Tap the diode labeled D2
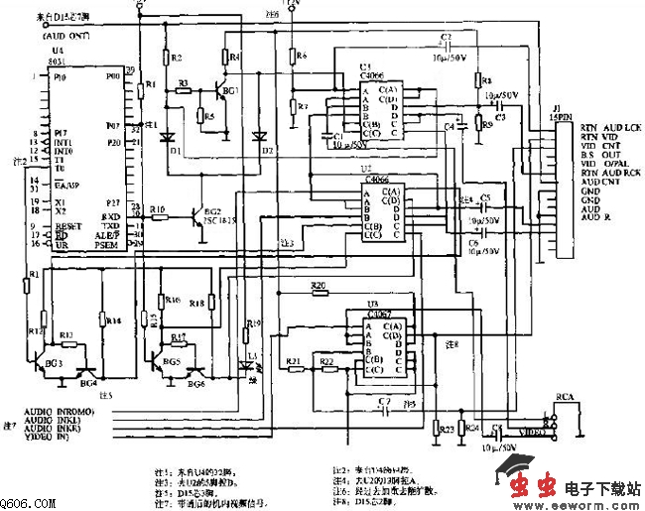click(260, 136)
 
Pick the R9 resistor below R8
click(477, 124)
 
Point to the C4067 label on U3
click(378, 311)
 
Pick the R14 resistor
click(102, 319)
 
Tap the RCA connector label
click(566, 397)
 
